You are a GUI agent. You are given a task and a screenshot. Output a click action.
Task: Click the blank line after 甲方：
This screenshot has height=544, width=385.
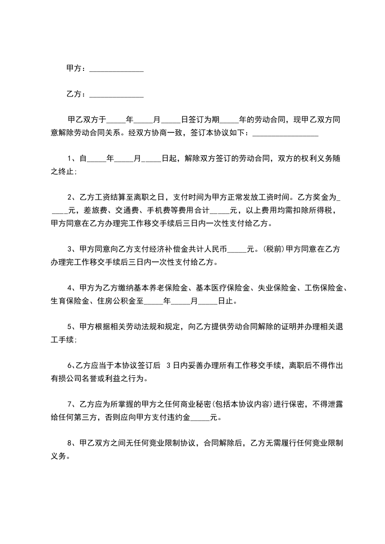(117, 70)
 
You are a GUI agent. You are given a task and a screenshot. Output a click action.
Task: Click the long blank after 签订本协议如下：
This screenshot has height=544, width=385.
(285, 134)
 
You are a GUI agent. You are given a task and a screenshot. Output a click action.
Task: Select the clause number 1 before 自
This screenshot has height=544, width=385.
(70, 159)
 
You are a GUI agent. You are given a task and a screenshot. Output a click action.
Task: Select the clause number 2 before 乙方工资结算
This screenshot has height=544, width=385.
(70, 197)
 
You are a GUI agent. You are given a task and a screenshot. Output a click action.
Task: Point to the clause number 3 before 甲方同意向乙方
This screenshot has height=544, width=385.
(70, 250)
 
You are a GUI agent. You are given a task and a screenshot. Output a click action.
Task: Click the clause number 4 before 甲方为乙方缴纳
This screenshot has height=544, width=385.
(70, 288)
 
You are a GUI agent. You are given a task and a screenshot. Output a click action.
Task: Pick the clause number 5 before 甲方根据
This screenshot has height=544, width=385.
(70, 327)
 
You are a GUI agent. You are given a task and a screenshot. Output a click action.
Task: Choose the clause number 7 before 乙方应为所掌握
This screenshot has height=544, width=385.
(70, 404)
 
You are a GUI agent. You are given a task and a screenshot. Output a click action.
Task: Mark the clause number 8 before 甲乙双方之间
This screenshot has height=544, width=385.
(70, 443)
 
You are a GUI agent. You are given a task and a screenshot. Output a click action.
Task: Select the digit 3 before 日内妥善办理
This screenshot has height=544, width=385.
(168, 366)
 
